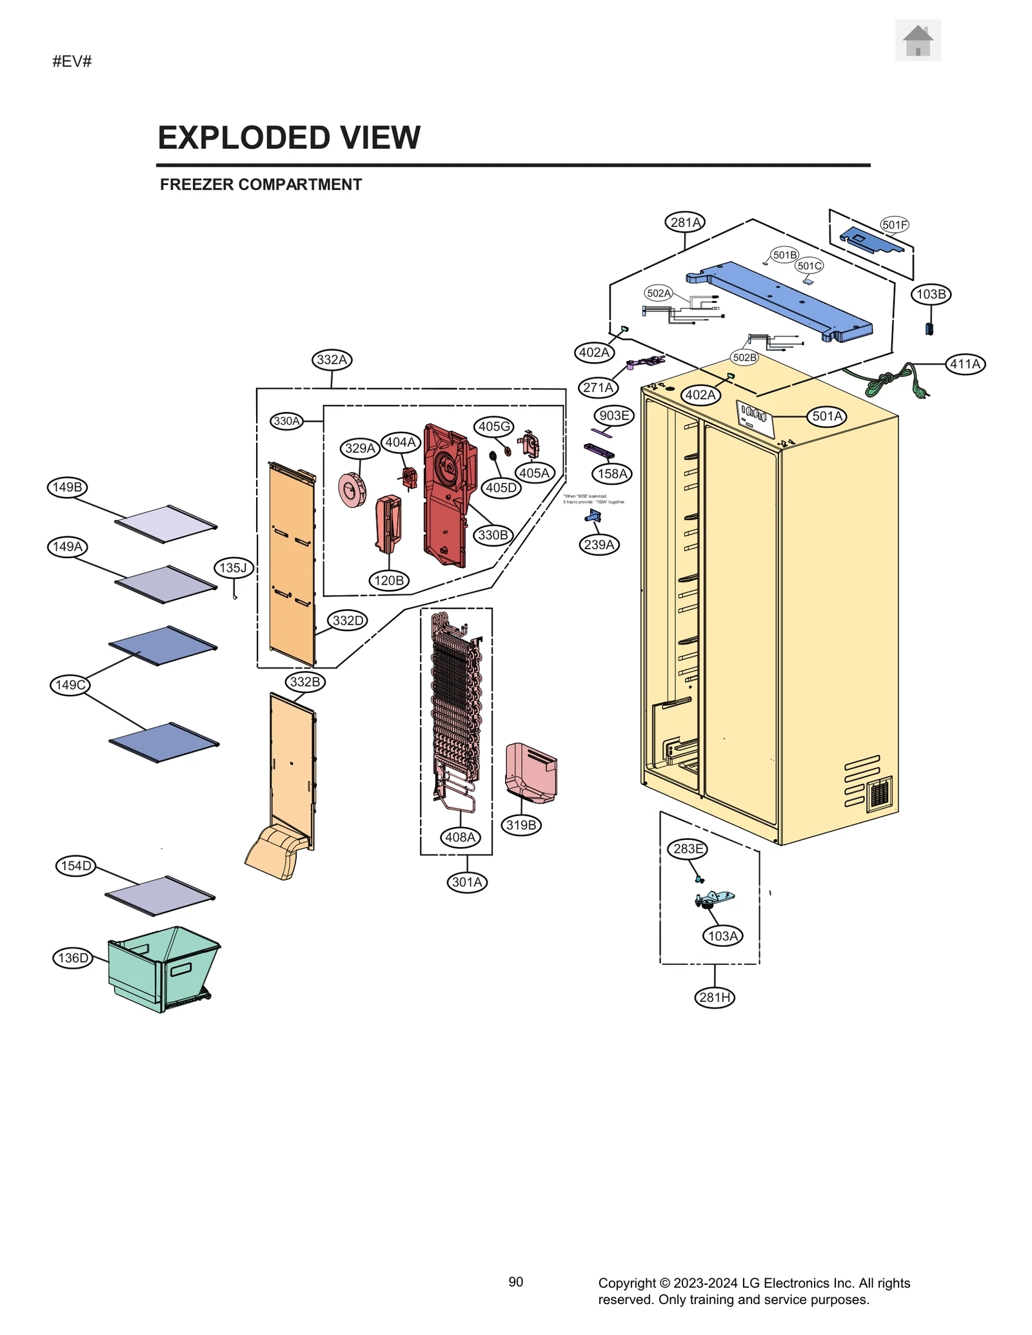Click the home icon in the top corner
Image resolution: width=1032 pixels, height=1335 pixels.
tap(917, 41)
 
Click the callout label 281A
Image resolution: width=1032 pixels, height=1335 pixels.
tap(684, 222)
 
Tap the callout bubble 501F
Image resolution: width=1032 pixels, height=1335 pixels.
tap(894, 225)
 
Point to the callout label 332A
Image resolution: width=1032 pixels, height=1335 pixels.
tap(332, 360)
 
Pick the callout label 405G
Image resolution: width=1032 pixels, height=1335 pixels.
tap(494, 426)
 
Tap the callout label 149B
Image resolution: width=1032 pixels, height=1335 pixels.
tap(67, 487)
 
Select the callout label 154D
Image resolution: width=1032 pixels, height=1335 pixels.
tap(75, 866)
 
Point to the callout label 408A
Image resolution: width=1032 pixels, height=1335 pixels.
tap(460, 837)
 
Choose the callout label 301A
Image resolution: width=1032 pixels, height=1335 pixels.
tap(466, 882)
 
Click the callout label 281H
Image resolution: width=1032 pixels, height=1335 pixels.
tap(715, 997)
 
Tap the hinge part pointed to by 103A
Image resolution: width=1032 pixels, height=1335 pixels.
tap(715, 898)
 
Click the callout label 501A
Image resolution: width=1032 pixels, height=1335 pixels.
tap(826, 416)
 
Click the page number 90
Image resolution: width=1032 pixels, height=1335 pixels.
tap(515, 1281)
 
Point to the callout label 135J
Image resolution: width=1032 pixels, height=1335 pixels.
tap(233, 568)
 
